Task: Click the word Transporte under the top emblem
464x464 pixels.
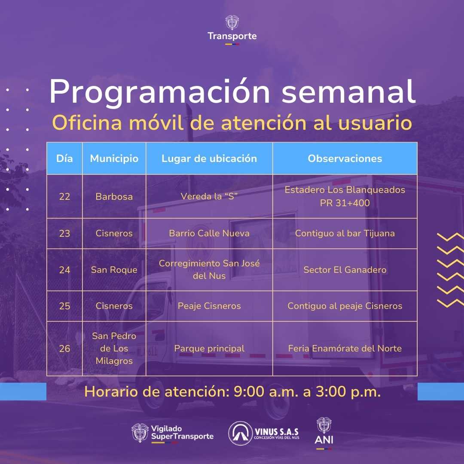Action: click(x=232, y=36)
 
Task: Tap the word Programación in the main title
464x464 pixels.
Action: click(x=160, y=92)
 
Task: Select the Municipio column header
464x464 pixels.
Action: click(x=114, y=159)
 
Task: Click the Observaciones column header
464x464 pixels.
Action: click(x=345, y=159)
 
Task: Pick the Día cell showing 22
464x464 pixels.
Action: click(x=64, y=196)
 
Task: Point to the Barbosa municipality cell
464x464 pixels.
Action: click(x=114, y=196)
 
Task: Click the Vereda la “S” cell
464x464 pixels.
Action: click(x=209, y=196)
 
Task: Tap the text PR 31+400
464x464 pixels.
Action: click(x=345, y=203)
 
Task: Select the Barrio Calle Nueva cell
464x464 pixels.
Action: click(x=209, y=233)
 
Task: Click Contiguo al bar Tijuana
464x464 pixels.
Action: click(x=345, y=233)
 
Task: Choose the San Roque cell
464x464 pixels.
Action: click(x=114, y=270)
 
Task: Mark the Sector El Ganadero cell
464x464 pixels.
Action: click(x=345, y=270)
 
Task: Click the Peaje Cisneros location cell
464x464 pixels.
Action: click(x=209, y=306)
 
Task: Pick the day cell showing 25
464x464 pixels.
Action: click(x=64, y=306)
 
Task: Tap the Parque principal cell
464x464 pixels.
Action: click(x=209, y=348)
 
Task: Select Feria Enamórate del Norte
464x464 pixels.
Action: click(x=345, y=348)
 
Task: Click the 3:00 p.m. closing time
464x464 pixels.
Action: click(x=348, y=392)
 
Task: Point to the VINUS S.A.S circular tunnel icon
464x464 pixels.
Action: click(x=240, y=433)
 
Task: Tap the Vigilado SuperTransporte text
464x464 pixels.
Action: click(x=182, y=433)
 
